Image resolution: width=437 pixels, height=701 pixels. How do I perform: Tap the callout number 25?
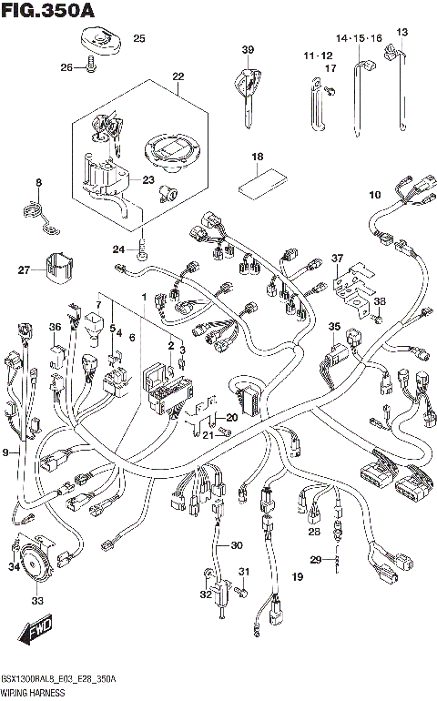pos(139,38)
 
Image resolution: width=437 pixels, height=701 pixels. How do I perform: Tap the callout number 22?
pos(178,76)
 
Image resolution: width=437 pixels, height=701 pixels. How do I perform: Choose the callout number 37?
pos(338,259)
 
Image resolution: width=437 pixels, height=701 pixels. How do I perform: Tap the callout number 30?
pos(237,545)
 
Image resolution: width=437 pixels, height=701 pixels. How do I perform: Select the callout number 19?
pos(297,577)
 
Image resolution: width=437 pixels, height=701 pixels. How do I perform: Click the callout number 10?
pos(374,195)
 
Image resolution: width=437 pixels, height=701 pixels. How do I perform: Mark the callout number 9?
pos(7,452)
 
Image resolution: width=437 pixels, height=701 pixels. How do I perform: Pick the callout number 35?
pos(334,326)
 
